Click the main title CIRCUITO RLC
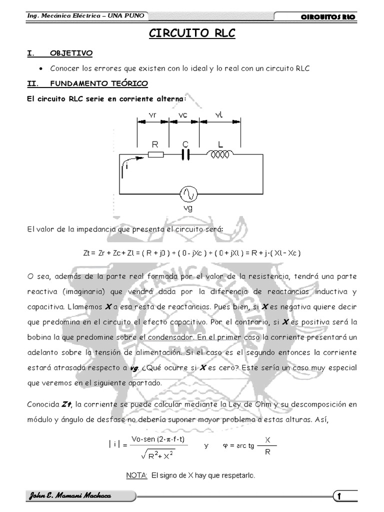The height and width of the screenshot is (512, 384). tap(192, 33)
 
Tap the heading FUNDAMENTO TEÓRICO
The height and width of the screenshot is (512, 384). tap(98, 83)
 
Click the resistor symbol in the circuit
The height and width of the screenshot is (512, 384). tap(155, 155)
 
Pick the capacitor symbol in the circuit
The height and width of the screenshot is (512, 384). tap(185, 155)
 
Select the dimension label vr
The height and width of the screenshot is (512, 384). tap(153, 115)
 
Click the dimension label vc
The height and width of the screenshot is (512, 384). tap(183, 115)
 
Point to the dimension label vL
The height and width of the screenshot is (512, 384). tap(218, 115)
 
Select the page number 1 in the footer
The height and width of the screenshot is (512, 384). tap(339, 496)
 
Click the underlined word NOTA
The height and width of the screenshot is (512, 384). tap(136, 475)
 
